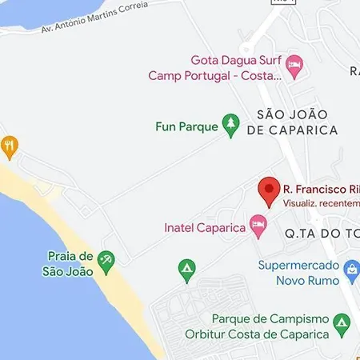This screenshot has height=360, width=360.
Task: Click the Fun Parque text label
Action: tap(186, 126)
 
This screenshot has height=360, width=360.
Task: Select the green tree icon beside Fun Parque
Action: tap(231, 124)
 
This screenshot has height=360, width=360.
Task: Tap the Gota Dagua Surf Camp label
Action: tap(217, 68)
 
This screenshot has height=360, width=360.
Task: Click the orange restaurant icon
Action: tap(9, 146)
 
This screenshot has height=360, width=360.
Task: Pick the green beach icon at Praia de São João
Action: tap(106, 259)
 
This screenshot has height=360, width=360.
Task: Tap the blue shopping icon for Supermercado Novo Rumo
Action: tap(350, 274)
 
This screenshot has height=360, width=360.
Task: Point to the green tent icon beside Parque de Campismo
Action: tap(342, 323)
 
